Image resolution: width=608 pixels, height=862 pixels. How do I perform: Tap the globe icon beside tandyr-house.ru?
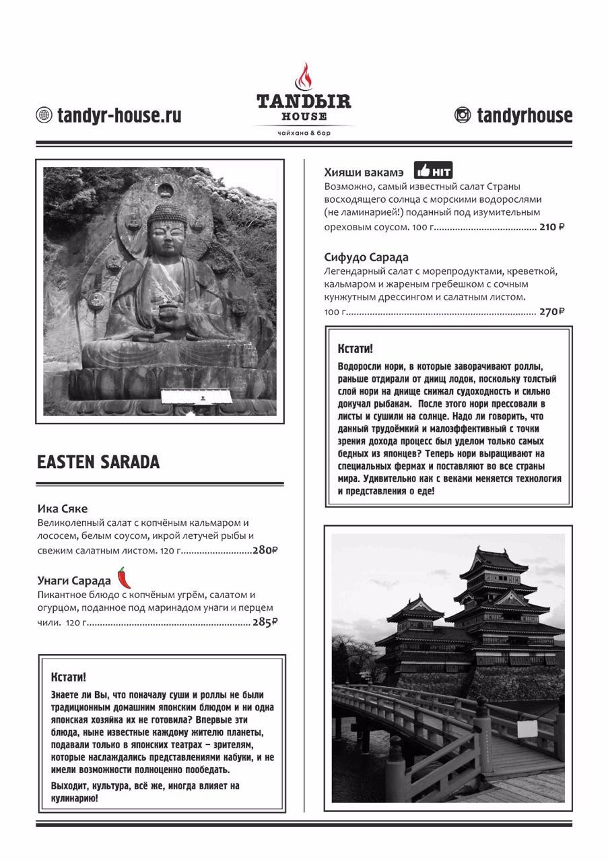44,115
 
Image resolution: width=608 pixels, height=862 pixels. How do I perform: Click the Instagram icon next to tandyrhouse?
463,115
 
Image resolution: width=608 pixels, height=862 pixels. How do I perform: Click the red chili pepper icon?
123,577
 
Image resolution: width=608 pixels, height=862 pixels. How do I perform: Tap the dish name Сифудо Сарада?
366,257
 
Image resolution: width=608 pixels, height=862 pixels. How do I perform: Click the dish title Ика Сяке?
63,508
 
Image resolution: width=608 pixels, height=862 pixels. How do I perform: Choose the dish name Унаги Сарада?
74,581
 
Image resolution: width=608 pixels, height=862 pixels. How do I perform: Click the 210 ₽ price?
551,227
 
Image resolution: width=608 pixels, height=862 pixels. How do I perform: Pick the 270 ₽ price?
551,312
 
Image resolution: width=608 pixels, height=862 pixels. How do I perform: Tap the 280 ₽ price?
265,550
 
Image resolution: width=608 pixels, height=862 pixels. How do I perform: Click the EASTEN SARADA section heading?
98,463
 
